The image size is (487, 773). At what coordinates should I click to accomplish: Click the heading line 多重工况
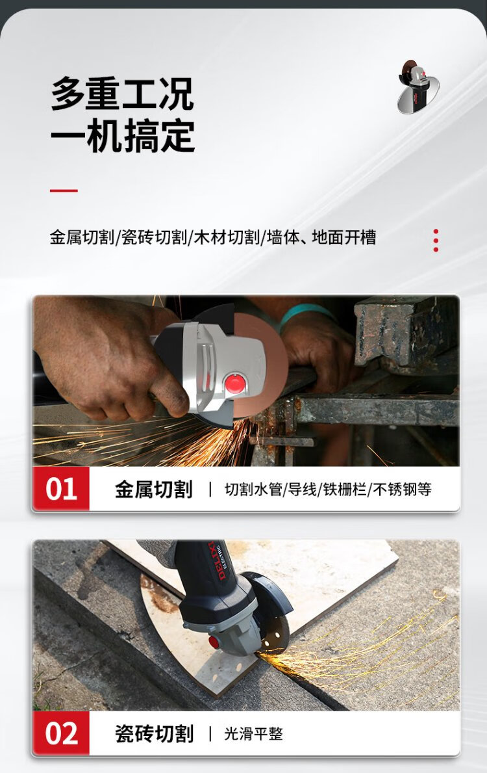122,93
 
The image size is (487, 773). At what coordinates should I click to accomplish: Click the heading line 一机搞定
122,136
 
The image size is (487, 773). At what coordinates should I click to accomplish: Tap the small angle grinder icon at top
418,86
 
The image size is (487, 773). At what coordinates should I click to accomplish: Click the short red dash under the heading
64,190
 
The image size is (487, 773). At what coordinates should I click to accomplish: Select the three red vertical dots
436,240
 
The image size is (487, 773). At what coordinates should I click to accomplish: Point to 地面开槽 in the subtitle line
343,237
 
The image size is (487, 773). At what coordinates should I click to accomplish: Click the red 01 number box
60,488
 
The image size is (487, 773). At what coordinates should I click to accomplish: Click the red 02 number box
60,733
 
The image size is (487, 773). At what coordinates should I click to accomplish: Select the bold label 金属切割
154,490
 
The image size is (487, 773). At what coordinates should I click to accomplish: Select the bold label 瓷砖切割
154,733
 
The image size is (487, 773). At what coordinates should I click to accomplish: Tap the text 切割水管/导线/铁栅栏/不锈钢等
328,490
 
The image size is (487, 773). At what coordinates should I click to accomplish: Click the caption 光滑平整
254,734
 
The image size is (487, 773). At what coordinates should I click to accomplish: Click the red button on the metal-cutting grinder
235,383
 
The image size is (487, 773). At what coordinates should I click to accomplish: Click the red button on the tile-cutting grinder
214,642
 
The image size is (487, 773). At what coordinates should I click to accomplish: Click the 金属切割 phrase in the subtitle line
82,237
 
